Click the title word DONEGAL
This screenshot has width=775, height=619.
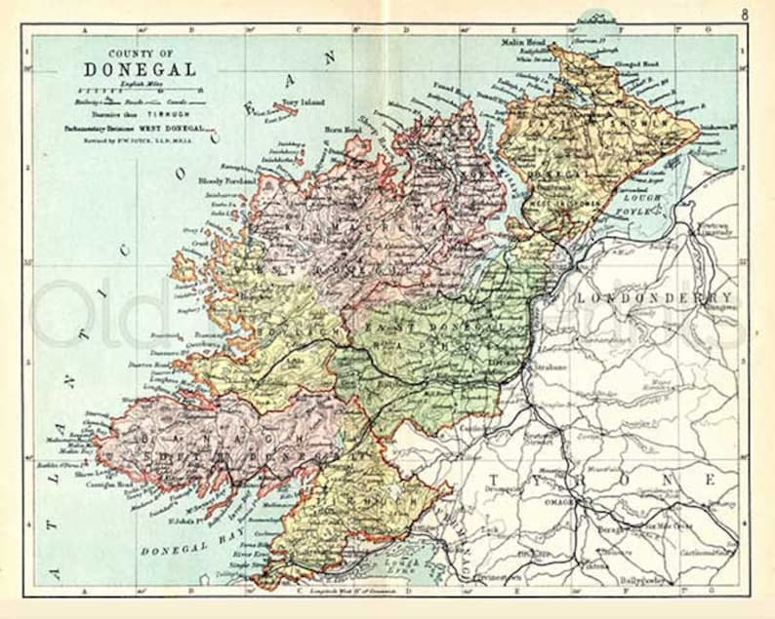click(139, 70)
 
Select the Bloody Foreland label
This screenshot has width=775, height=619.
click(226, 181)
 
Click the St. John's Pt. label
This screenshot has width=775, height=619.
click(177, 530)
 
